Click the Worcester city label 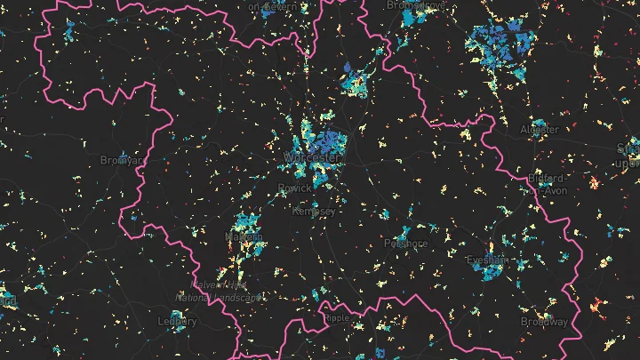tap(312, 157)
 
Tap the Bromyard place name tap(121, 161)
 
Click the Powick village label tap(295, 188)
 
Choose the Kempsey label tap(315, 212)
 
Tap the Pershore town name tap(405, 244)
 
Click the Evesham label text tap(486, 260)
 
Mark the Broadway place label tap(544, 321)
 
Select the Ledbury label tap(176, 321)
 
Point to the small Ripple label tap(338, 316)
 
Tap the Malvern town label tap(238, 236)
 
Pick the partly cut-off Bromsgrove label tap(414, 5)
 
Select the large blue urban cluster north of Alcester tap(500, 43)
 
